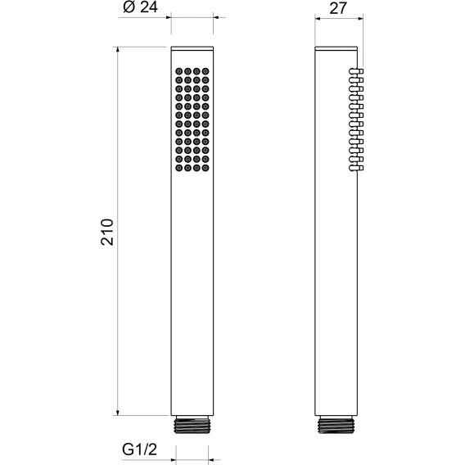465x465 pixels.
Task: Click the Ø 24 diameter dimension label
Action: click(x=140, y=7)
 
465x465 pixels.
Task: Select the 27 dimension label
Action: click(x=338, y=8)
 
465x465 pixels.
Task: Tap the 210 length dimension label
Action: click(x=107, y=232)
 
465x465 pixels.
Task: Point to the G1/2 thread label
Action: click(x=139, y=449)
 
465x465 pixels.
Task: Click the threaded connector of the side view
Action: click(x=336, y=425)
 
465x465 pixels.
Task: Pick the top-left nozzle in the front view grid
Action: click(x=178, y=71)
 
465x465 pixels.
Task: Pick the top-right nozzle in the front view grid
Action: click(x=205, y=71)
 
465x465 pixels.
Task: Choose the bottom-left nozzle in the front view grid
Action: click(x=178, y=168)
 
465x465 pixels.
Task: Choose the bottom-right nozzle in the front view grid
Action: click(x=205, y=168)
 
